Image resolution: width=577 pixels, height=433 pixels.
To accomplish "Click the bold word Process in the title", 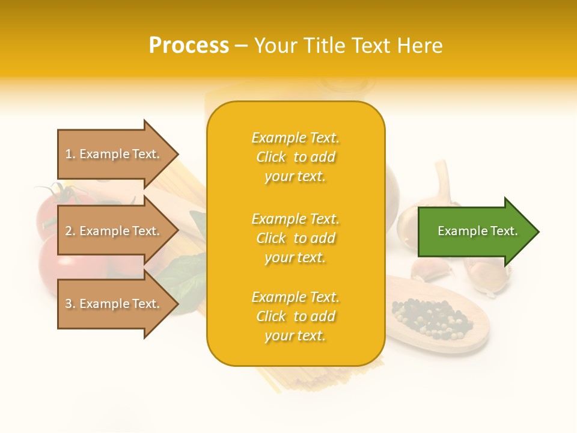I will pos(189,46).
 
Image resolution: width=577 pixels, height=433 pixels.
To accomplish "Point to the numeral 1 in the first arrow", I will pos(69,154).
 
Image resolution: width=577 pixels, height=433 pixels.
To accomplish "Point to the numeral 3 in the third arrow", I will pos(69,304).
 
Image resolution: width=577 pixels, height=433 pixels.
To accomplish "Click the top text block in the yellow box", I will pos(295,157).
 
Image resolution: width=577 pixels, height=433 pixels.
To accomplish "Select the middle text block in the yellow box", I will pos(295,238).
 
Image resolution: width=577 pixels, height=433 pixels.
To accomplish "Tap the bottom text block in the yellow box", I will pos(295,316).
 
